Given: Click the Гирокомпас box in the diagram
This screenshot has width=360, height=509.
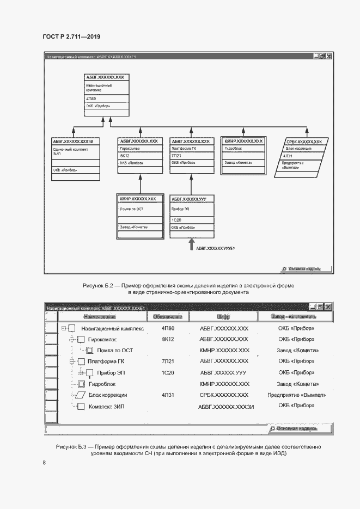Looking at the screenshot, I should click(x=139, y=156).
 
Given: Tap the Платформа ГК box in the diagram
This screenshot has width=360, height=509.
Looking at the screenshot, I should click(x=191, y=156).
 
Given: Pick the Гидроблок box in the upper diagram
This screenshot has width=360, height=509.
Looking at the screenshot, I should click(x=243, y=156).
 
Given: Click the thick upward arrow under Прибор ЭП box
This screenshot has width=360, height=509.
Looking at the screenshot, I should click(x=191, y=244).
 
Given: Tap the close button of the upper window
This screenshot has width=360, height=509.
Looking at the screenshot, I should click(x=328, y=56).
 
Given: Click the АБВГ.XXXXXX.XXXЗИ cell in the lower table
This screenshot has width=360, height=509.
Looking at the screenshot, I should click(x=225, y=406).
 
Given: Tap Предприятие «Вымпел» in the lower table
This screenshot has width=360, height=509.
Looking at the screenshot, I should click(x=297, y=395).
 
